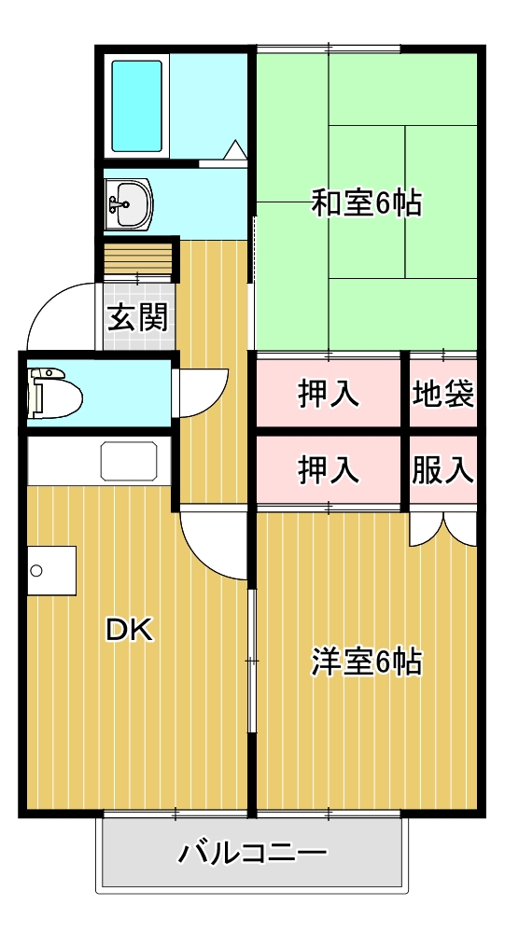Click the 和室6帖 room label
366,202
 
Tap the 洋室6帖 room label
366,662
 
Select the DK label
128,631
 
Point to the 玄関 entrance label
138,318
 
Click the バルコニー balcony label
253,852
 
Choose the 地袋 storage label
443,394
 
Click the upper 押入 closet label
329,394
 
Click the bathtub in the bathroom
137,105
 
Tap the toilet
54,393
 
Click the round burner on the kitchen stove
36,570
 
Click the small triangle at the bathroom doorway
234,149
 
